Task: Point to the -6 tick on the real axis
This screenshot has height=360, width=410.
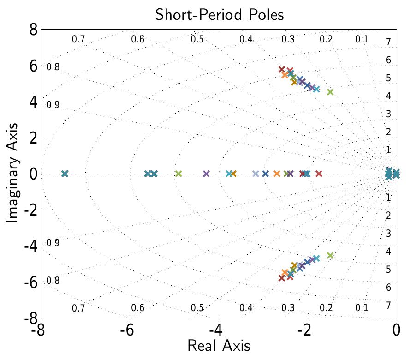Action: (x=129, y=331)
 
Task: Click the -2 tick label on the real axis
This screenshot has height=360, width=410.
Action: (x=306, y=331)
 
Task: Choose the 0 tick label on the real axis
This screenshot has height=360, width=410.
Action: (x=396, y=331)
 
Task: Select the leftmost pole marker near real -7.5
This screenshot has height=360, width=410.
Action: (x=65, y=174)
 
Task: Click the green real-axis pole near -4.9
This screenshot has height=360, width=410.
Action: (x=178, y=174)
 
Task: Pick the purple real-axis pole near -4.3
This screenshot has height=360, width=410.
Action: (x=206, y=174)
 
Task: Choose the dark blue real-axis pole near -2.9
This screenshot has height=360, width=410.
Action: (x=265, y=174)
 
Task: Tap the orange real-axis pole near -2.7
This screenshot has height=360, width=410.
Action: (x=277, y=174)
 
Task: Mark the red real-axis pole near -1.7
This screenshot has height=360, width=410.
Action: (x=318, y=174)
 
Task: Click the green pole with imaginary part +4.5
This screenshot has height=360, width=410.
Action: (x=330, y=92)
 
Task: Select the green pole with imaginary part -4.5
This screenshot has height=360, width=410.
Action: (x=330, y=255)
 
